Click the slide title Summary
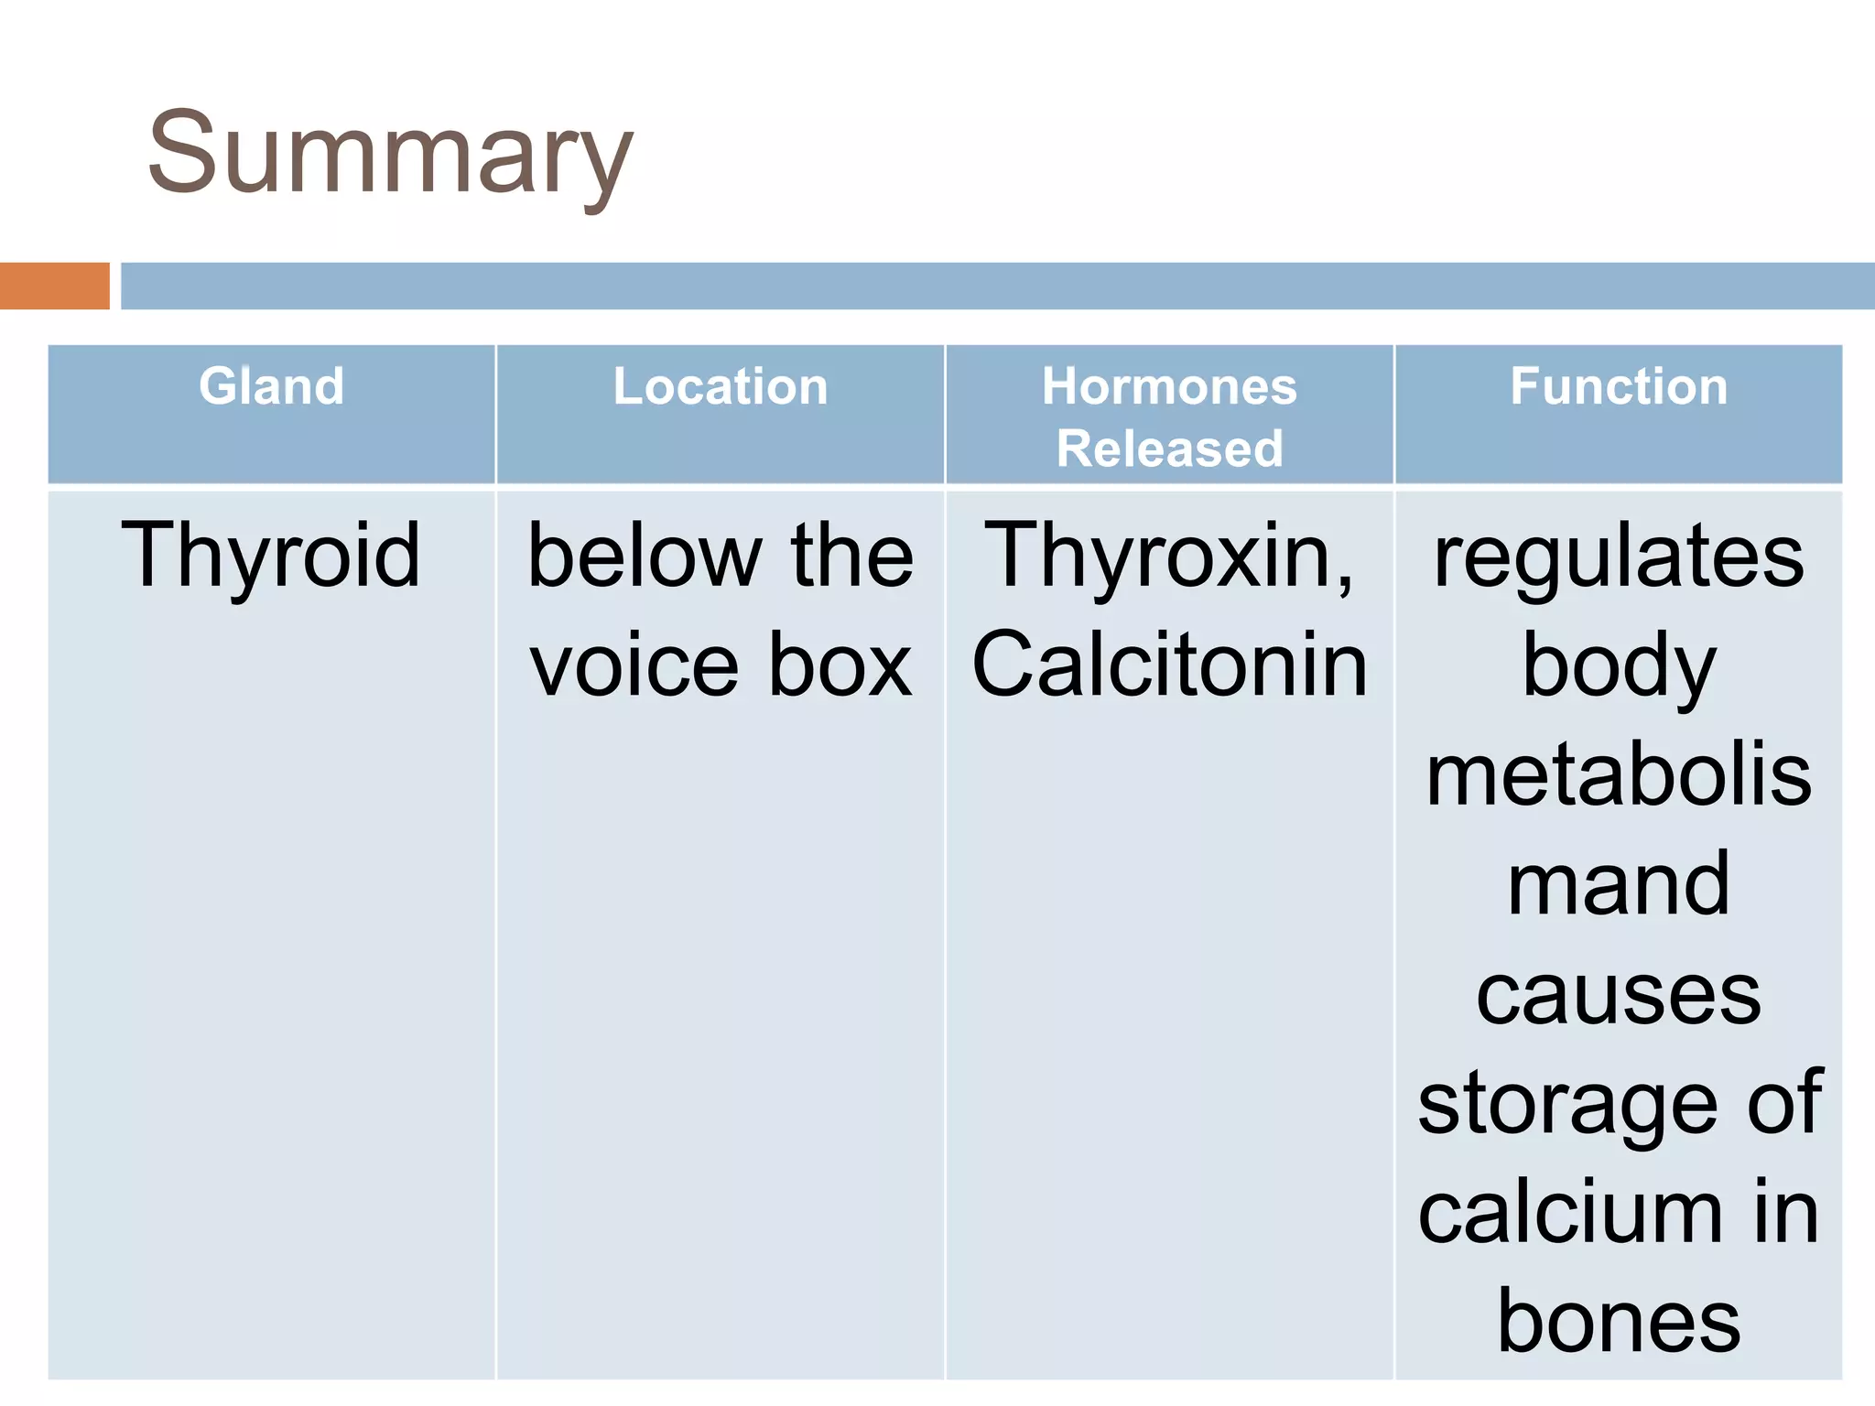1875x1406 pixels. [x=390, y=154]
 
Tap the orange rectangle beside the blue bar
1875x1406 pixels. [x=54, y=286]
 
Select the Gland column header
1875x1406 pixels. [x=272, y=386]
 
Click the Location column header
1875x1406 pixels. [x=721, y=386]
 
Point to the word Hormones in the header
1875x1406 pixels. [x=1169, y=386]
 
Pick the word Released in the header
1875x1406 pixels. [x=1169, y=449]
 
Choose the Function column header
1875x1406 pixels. [x=1619, y=386]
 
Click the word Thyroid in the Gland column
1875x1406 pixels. [x=271, y=557]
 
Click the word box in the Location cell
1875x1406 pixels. [x=840, y=666]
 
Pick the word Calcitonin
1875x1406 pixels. [x=1169, y=666]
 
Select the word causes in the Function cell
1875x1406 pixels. [x=1619, y=995]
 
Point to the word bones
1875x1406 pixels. [x=1619, y=1324]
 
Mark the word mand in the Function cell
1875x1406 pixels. [x=1619, y=885]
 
